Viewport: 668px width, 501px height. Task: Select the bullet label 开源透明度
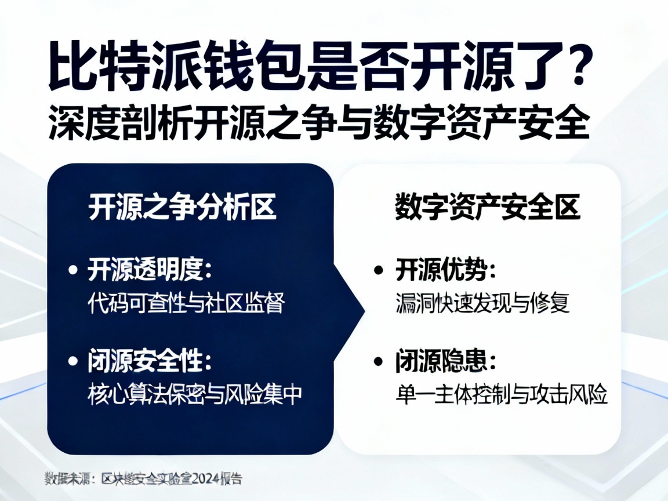pos(150,270)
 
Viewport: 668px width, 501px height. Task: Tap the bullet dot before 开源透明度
pos(73,270)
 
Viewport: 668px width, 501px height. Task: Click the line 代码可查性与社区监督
pos(186,303)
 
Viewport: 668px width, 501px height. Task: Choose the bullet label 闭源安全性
pos(150,362)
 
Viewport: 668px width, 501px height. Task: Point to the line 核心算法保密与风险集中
pos(195,394)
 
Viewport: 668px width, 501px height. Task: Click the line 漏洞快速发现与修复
pos(483,303)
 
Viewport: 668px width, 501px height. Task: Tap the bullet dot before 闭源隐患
pos(379,362)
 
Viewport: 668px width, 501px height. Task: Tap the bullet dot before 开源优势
pos(379,271)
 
